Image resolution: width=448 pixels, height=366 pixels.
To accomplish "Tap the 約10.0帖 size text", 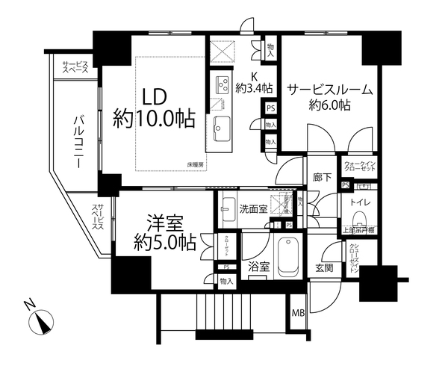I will (155, 118).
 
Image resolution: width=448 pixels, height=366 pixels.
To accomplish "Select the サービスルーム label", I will (329, 89).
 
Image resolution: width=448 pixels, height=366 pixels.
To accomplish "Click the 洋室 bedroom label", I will (164, 222).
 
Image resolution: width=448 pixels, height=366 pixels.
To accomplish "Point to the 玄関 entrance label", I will (323, 268).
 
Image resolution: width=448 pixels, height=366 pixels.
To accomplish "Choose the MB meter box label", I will (298, 313).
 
